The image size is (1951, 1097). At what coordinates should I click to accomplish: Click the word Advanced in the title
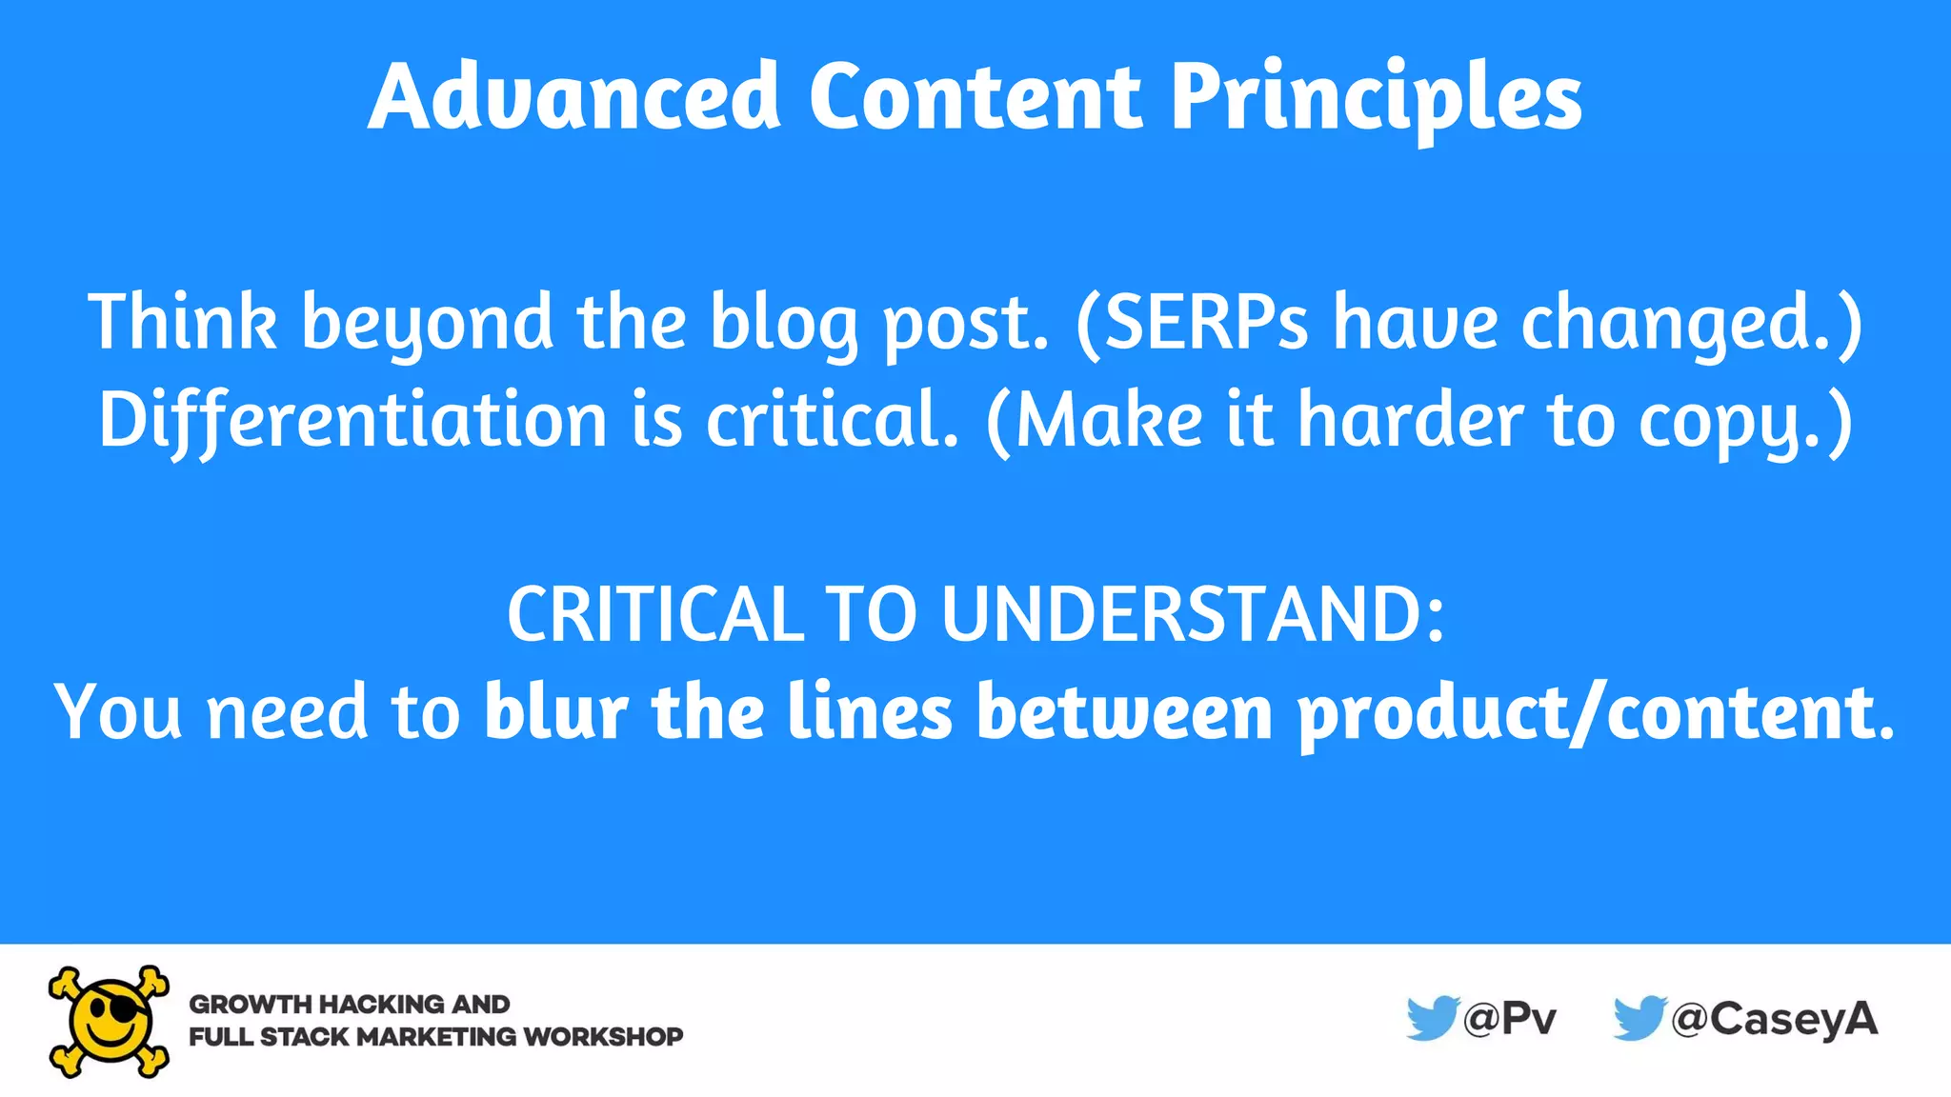click(574, 97)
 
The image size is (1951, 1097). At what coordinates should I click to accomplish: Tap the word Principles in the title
click(1376, 97)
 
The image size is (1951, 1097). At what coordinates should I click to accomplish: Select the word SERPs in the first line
click(1206, 322)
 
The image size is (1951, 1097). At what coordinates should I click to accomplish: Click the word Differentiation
click(352, 420)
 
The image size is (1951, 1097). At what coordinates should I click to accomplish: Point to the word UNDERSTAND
click(1192, 614)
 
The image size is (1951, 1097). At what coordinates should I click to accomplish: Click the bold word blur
click(555, 711)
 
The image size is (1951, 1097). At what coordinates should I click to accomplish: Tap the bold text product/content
click(1597, 713)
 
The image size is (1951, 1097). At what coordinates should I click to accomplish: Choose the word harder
click(1410, 420)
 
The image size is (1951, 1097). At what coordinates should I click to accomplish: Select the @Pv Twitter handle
click(1510, 1019)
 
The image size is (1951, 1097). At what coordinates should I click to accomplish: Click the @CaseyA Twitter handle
click(1775, 1019)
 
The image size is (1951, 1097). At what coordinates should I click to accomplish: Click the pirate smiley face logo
click(110, 1021)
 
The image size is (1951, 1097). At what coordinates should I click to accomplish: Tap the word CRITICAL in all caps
click(656, 614)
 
